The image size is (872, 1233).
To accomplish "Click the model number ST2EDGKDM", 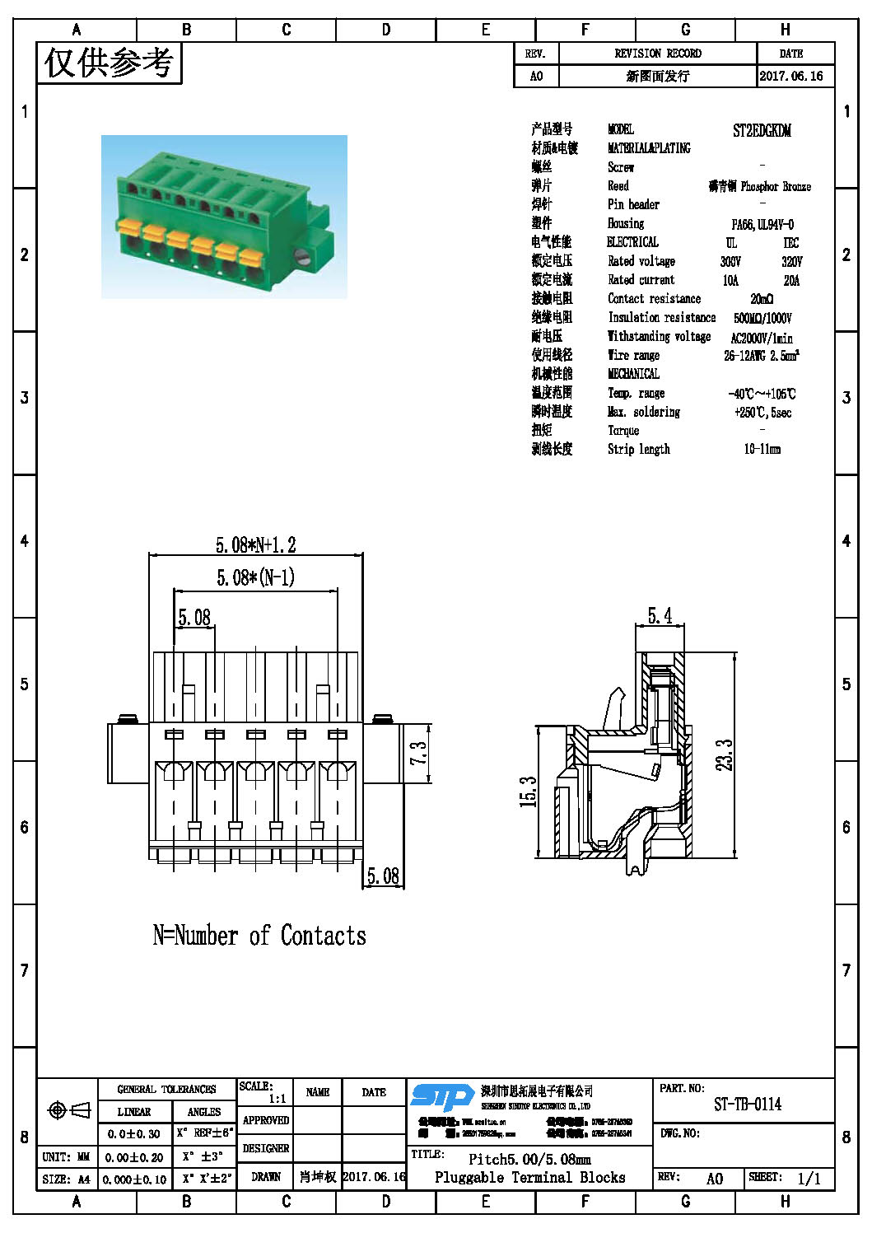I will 762,130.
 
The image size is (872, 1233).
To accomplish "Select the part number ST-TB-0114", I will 747,1105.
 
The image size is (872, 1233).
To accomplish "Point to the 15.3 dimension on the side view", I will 529,792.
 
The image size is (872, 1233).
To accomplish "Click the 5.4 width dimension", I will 660,616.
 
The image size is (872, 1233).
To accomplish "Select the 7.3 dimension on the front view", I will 419,753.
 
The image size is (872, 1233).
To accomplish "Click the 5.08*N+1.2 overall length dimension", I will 255,545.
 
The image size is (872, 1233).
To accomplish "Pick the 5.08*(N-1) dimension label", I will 255,577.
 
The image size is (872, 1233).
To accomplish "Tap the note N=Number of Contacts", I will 259,936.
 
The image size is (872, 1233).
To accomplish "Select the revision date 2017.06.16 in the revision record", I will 790,76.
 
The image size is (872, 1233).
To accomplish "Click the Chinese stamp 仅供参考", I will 109,63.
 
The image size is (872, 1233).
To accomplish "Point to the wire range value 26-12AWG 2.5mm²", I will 761,356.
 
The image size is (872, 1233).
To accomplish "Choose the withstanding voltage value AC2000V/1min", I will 762,338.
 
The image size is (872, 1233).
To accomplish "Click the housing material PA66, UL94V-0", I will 762,224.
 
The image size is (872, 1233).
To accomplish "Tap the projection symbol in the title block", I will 69,1111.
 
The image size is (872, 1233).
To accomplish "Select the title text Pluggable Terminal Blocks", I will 529,1178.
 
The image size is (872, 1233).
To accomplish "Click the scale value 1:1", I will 277,1099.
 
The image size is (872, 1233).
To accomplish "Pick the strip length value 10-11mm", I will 762,450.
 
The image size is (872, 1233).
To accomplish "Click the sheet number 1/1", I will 809,1179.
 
